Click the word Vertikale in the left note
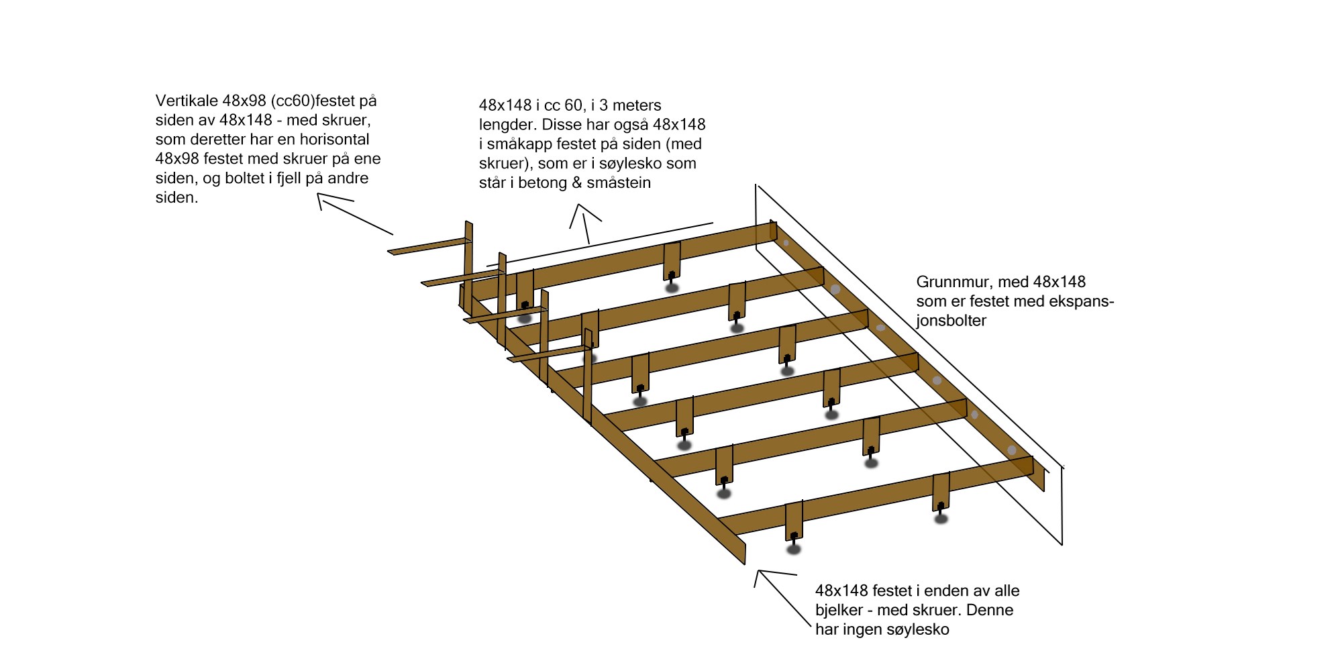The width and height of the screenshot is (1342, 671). pos(187,101)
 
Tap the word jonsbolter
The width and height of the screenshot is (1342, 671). pos(951,321)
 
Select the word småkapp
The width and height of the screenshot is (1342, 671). pos(519,144)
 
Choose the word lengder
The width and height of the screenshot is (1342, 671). pos(508,125)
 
